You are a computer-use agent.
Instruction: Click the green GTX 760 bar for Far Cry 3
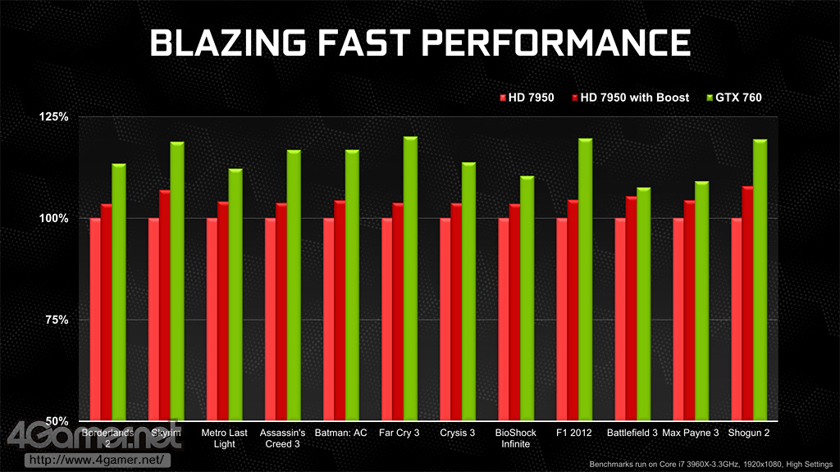(410, 279)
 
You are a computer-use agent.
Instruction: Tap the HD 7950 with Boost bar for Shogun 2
(746, 303)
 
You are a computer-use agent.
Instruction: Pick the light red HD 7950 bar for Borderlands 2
(95, 319)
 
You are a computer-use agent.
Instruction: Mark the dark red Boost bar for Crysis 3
(456, 311)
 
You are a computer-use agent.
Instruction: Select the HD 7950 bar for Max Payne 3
(678, 319)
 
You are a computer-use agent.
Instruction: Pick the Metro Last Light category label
(224, 438)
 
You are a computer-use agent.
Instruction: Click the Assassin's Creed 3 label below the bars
(282, 438)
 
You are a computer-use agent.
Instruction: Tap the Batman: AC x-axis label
(340, 433)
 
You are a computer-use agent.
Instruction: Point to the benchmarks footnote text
(710, 464)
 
